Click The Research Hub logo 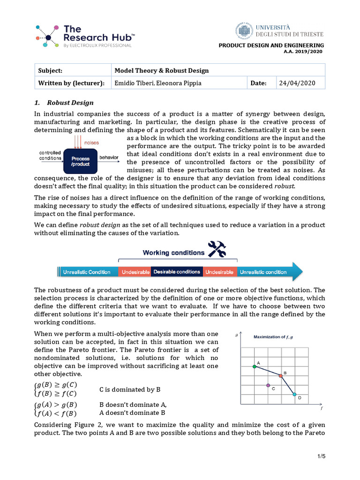coord(85,35)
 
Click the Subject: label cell coord(51,71)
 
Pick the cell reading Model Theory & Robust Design coord(162,71)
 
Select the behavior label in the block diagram coord(109,158)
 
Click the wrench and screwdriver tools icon coord(217,249)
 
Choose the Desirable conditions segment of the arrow coord(177,272)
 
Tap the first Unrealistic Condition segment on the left coord(87,272)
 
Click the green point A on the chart coord(255,367)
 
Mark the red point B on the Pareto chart coord(281,375)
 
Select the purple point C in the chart coord(268,385)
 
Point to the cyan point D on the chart coord(294,395)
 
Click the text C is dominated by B coord(130,390)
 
